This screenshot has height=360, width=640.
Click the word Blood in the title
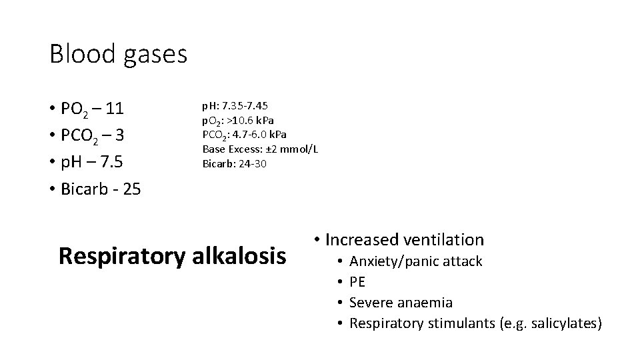[x=83, y=54]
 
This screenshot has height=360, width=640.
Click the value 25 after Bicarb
[x=131, y=189]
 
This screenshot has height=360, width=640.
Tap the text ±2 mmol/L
[x=291, y=149]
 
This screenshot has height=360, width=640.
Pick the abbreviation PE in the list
[x=358, y=282]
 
